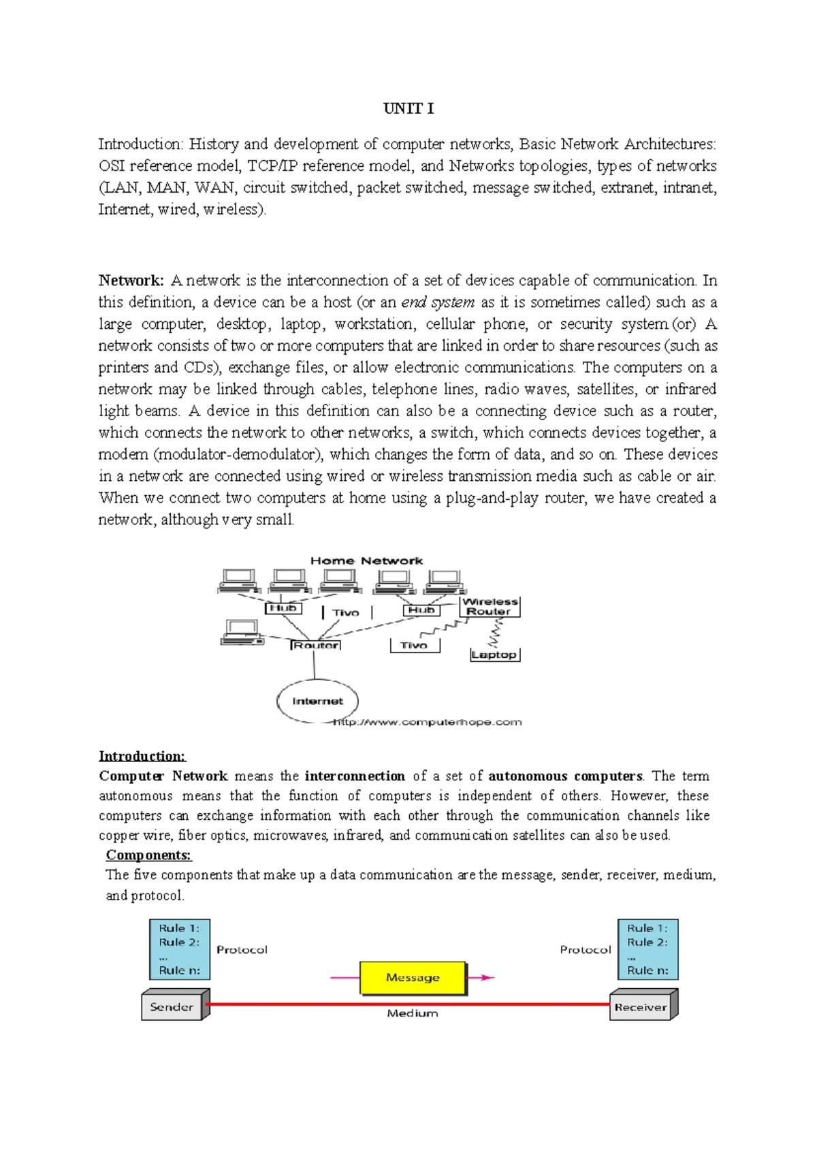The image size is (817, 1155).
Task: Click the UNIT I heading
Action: tap(408, 109)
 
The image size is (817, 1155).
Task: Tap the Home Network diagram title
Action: tap(366, 560)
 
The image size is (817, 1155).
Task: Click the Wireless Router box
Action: tap(490, 606)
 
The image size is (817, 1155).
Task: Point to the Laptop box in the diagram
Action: tap(494, 654)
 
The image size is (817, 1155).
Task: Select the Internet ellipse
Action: tap(317, 701)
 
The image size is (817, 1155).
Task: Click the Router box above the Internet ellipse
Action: tap(316, 645)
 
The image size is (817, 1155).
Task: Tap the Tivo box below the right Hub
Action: tap(414, 645)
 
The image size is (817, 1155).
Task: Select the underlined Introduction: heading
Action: tap(142, 756)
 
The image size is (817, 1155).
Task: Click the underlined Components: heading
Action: tap(148, 855)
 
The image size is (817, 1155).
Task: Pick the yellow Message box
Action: tap(413, 978)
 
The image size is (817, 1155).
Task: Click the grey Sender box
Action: tap(172, 1007)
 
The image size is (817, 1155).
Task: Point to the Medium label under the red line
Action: tap(412, 1013)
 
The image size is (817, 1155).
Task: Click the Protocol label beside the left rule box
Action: tap(242, 949)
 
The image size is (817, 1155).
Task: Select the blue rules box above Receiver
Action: tap(647, 949)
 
